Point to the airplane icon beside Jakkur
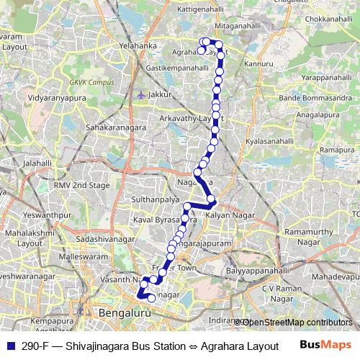click(140, 94)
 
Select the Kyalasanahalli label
click(270, 143)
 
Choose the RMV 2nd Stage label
click(83, 185)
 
